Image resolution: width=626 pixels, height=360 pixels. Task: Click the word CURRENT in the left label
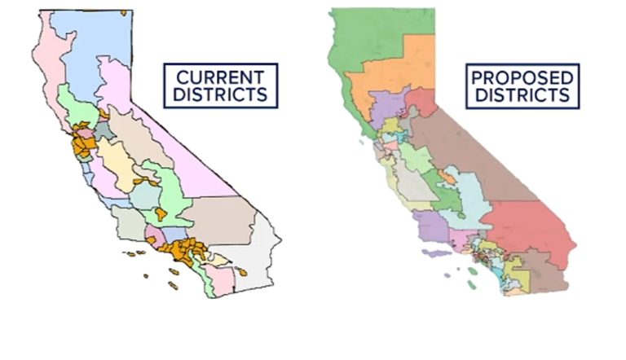click(220, 78)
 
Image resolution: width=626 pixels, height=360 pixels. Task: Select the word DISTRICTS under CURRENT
click(220, 94)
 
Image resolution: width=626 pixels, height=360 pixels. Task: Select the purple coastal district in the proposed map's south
click(429, 224)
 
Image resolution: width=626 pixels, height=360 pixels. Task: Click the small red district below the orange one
click(420, 102)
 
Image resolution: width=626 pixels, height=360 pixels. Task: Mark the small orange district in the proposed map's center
click(447, 174)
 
